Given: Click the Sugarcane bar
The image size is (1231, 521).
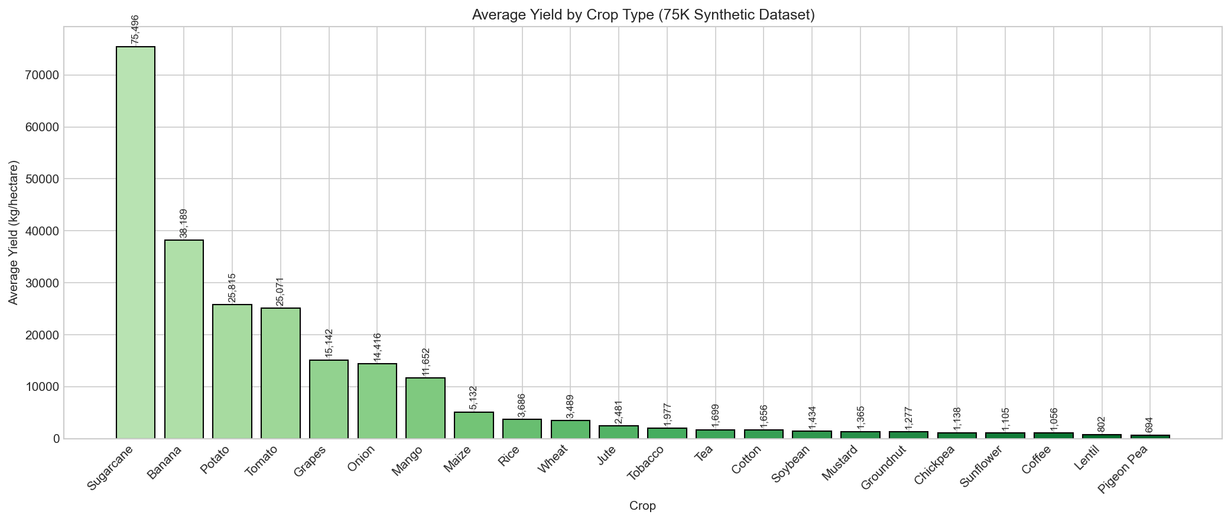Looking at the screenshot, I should pyautogui.click(x=135, y=242).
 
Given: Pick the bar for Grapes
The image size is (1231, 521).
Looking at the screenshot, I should pyautogui.click(x=329, y=399).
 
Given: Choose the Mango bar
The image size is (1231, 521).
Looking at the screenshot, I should pyautogui.click(x=426, y=408).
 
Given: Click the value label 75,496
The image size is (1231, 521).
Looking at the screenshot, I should pyautogui.click(x=135, y=29).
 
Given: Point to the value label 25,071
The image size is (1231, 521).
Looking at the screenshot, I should pyautogui.click(x=281, y=292).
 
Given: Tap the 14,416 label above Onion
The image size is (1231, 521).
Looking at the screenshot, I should pyautogui.click(x=377, y=347).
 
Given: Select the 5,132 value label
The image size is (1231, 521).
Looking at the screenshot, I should pyautogui.click(x=473, y=398).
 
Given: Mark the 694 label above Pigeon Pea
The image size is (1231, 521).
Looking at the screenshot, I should pyautogui.click(x=1149, y=425).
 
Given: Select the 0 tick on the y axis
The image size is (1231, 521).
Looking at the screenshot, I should pyautogui.click(x=56, y=439).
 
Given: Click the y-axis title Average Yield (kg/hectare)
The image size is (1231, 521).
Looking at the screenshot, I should pyautogui.click(x=14, y=232).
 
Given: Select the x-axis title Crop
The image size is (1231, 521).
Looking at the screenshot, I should pyautogui.click(x=642, y=506).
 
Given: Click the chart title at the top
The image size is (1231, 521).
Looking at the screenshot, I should pyautogui.click(x=643, y=15).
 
